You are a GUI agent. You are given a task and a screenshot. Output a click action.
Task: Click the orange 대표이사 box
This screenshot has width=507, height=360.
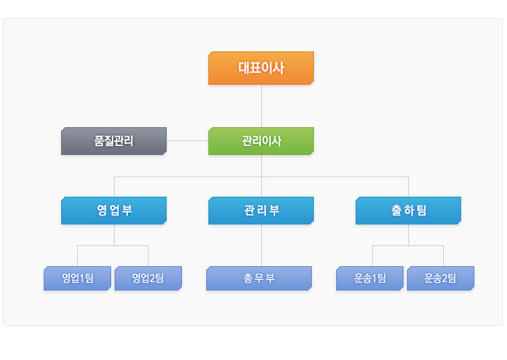[x=261, y=68]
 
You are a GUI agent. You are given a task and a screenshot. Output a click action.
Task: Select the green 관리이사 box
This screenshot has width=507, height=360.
[x=261, y=141]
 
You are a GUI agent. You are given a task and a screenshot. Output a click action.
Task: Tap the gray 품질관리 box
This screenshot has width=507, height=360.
[x=114, y=141]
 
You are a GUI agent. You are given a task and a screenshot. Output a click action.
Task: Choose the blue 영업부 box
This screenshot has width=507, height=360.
[x=114, y=211]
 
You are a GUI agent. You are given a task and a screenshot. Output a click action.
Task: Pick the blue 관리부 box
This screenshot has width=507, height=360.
[x=261, y=211]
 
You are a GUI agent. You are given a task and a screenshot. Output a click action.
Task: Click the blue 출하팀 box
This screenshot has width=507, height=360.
[x=408, y=211]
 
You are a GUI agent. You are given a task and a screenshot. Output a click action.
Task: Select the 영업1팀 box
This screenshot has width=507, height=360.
[x=77, y=278]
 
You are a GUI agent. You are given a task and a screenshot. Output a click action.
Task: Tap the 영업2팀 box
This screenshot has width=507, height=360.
[x=148, y=278]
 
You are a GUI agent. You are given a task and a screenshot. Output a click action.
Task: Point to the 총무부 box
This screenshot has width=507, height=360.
[x=259, y=278]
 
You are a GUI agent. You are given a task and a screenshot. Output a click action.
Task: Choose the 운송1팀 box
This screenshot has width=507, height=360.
[x=370, y=278]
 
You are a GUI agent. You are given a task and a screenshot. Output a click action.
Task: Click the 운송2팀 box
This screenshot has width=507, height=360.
[x=441, y=278]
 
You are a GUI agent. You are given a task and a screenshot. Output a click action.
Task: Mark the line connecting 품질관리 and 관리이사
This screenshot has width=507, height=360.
[x=188, y=140]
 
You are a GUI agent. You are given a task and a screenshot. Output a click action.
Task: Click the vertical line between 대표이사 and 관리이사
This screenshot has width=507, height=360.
[x=261, y=106]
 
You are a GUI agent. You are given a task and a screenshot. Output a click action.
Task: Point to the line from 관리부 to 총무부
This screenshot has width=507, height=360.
[x=261, y=245]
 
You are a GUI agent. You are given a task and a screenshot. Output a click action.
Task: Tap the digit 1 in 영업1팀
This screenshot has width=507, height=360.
[x=82, y=278]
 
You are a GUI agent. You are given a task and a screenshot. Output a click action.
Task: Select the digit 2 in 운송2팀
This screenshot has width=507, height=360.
[x=444, y=278]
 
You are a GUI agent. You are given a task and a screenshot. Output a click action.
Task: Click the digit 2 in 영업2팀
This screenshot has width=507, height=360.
[x=152, y=278]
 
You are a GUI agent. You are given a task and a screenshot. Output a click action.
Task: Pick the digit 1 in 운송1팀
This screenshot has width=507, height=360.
[x=374, y=278]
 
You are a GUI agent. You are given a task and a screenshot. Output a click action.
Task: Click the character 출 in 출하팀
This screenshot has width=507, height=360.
[x=397, y=211]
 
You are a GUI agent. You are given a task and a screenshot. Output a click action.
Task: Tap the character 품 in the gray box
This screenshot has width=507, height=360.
[x=99, y=140]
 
